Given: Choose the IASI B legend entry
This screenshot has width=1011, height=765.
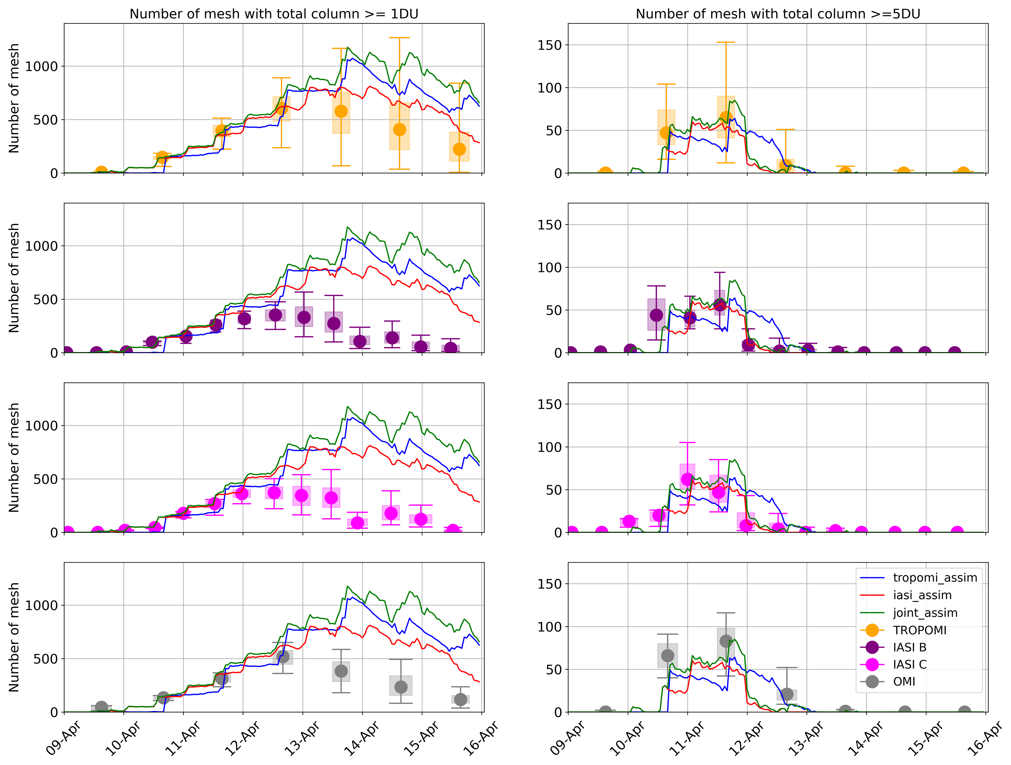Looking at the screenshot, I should pos(910,647).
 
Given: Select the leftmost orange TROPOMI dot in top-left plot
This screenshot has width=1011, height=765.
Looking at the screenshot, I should pos(101,172).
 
